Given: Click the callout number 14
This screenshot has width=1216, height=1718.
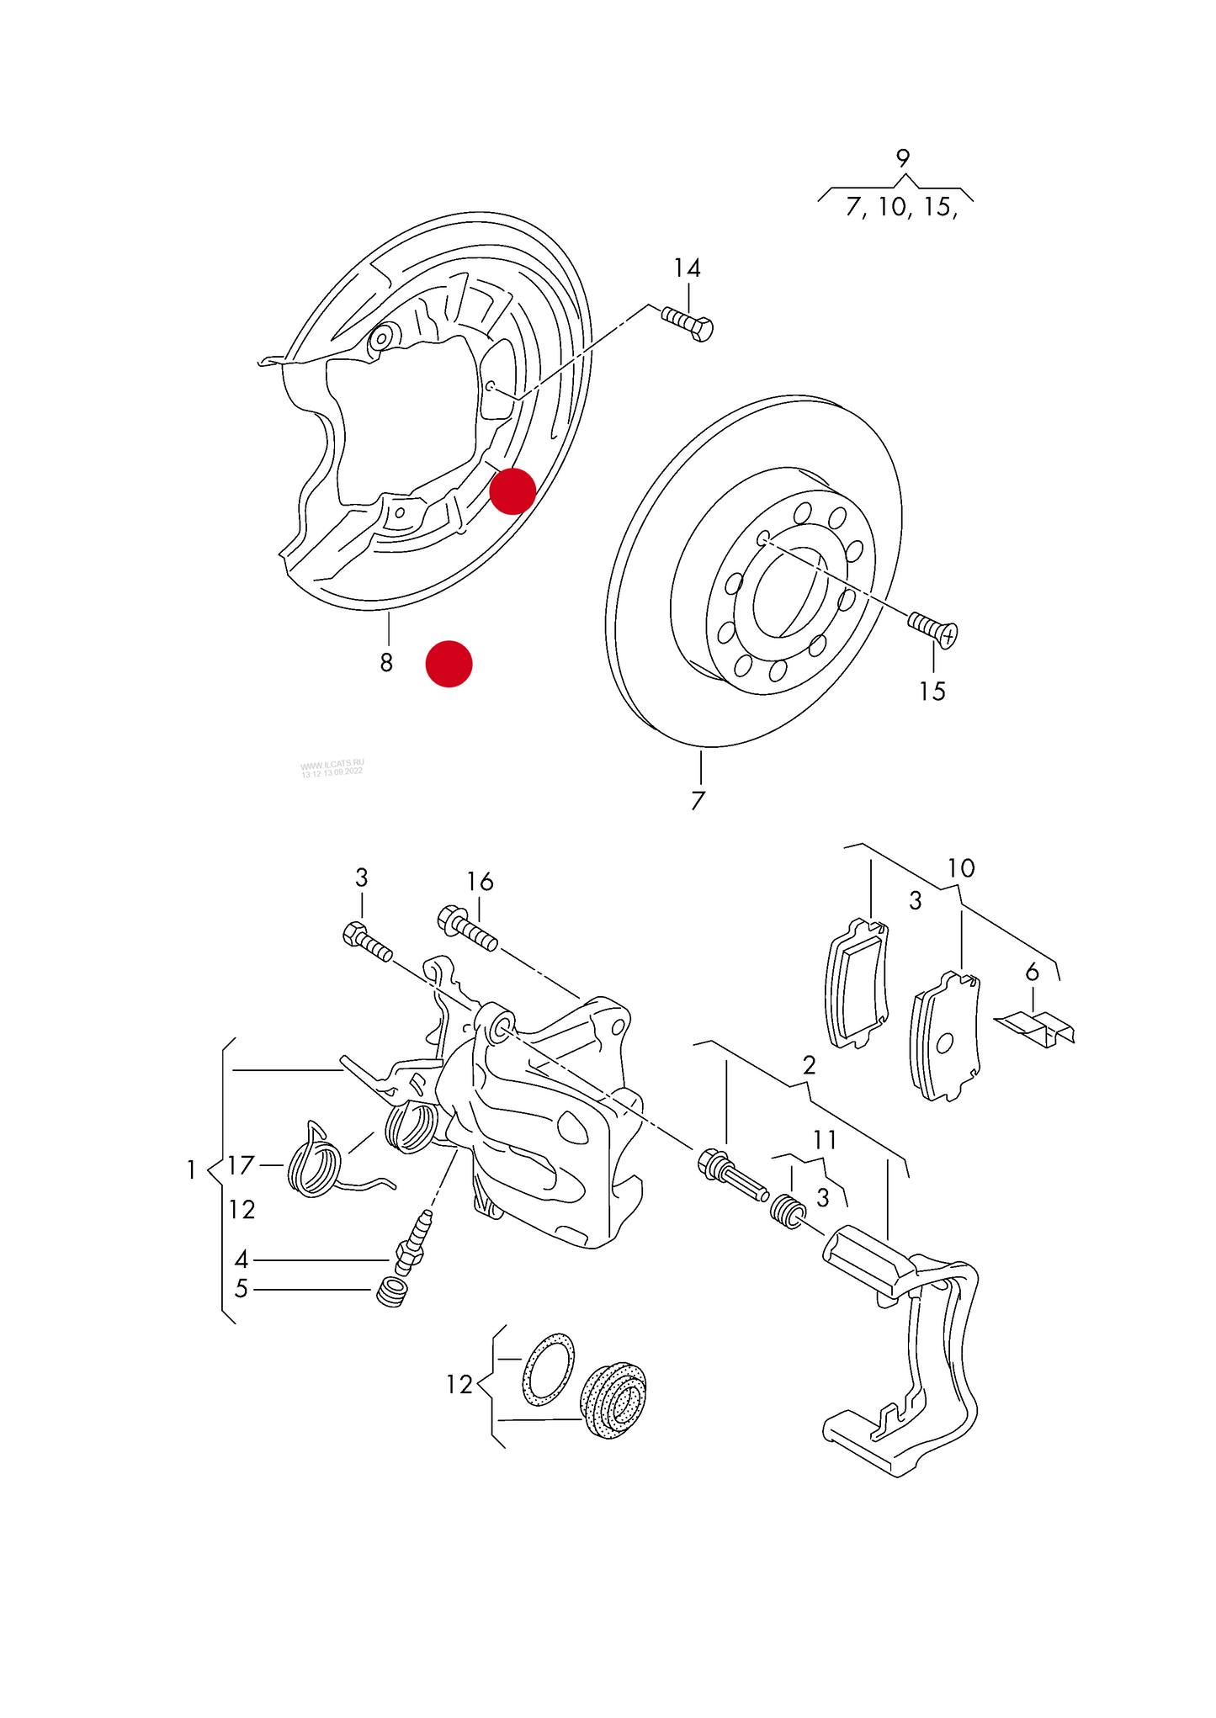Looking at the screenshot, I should tap(687, 268).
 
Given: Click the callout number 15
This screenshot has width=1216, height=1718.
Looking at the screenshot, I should tap(932, 692).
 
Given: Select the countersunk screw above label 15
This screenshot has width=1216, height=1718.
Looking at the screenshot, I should tap(933, 628).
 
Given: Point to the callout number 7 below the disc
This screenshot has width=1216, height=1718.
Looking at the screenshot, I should tap(698, 801).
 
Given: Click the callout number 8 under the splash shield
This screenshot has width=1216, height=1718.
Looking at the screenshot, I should tap(386, 663).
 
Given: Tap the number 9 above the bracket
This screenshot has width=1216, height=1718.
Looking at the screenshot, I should tap(902, 158).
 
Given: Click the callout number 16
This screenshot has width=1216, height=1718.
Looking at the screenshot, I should tap(480, 882).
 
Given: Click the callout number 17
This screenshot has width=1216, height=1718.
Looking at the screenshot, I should tap(241, 1165).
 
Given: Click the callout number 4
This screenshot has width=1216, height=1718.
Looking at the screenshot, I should tap(242, 1259).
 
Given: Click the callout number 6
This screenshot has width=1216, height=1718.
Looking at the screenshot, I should tap(1033, 973).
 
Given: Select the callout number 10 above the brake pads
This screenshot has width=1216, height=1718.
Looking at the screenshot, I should tap(960, 868).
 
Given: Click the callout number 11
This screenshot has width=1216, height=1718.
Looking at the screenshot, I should tap(825, 1140).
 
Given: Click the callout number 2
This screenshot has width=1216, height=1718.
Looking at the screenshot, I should tap(809, 1066).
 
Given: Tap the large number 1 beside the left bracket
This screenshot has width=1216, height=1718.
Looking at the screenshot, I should tap(191, 1170).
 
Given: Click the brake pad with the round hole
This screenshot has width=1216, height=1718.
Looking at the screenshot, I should tap(947, 1038).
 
